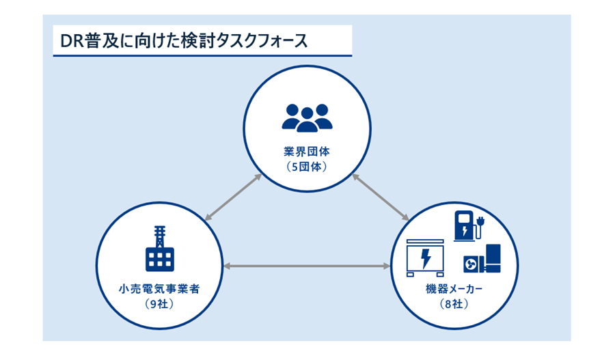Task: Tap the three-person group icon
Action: [x=307, y=117]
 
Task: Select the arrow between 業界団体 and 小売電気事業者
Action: [x=232, y=197]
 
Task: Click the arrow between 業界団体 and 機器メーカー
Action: [x=381, y=197]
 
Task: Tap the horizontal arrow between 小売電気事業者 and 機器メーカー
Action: [x=306, y=264]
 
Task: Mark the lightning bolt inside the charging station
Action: [x=465, y=232]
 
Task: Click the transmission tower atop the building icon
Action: [x=159, y=236]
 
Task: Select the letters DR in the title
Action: [x=71, y=40]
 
